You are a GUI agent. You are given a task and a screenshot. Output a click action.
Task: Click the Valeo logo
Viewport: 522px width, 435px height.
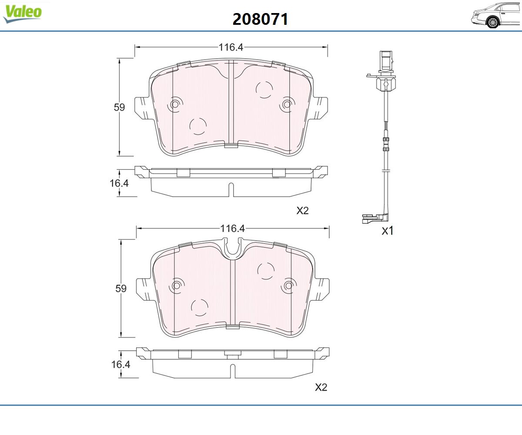23,13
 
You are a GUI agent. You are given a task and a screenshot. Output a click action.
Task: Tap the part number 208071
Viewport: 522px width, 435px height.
260,19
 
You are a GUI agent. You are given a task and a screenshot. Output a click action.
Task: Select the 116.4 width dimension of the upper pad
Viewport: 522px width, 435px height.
231,47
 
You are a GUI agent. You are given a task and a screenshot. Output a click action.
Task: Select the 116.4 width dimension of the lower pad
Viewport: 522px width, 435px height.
232,228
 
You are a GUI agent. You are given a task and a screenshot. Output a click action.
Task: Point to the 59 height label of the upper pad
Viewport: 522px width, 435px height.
119,107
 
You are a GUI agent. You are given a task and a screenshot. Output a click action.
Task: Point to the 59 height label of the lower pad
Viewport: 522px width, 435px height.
121,288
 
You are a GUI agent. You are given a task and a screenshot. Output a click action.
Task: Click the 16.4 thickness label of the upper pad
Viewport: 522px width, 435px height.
119,183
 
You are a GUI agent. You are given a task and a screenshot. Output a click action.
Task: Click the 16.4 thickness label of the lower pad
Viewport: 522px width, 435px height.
120,365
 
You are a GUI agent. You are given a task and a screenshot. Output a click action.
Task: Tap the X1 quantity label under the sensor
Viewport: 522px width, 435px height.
388,231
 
